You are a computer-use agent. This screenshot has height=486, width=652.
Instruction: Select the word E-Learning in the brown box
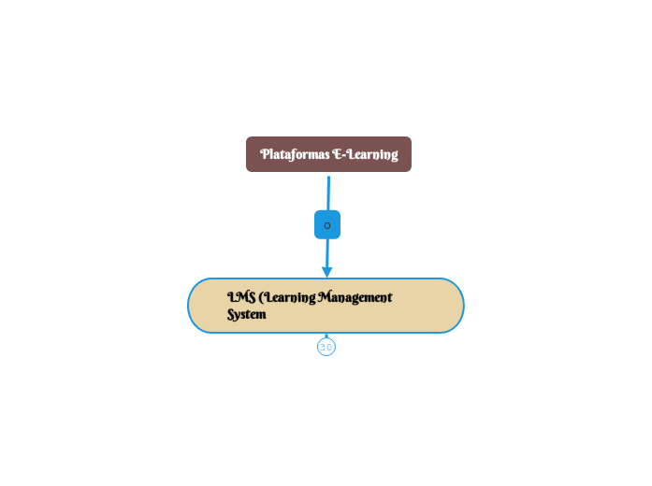(366, 154)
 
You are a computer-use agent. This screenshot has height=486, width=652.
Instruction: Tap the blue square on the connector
(327, 225)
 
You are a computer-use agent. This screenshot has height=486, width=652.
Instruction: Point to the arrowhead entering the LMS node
(327, 271)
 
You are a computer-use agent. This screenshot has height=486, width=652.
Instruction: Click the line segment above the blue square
(328, 193)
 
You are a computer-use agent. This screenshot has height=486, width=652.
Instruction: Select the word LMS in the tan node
(241, 297)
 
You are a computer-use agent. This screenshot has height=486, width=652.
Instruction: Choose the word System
(247, 315)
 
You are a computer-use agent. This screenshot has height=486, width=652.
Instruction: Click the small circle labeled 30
(326, 348)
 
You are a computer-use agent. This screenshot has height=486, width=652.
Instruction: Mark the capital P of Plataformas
(265, 154)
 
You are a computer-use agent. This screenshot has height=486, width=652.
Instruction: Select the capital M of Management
(325, 297)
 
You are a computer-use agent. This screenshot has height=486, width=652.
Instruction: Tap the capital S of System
(231, 315)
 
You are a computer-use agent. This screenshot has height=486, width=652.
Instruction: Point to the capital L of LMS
(231, 297)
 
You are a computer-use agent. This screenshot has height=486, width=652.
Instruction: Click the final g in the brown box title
(394, 156)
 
